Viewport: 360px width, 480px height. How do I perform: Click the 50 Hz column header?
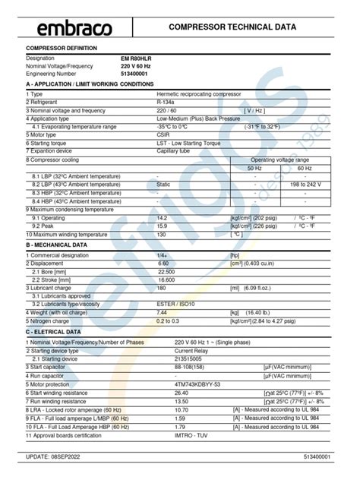click(255, 168)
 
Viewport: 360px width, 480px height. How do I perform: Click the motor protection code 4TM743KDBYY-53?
click(197, 384)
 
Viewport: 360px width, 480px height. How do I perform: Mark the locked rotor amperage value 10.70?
click(182, 409)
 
